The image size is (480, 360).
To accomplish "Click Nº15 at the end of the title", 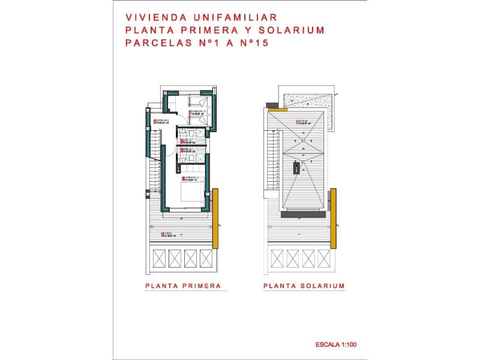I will tap(254, 43).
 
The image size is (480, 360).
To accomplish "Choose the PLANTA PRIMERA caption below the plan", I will tap(183, 286).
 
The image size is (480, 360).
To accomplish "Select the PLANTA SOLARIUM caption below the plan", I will tap(304, 286).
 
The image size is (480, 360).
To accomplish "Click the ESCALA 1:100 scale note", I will tap(336, 345).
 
